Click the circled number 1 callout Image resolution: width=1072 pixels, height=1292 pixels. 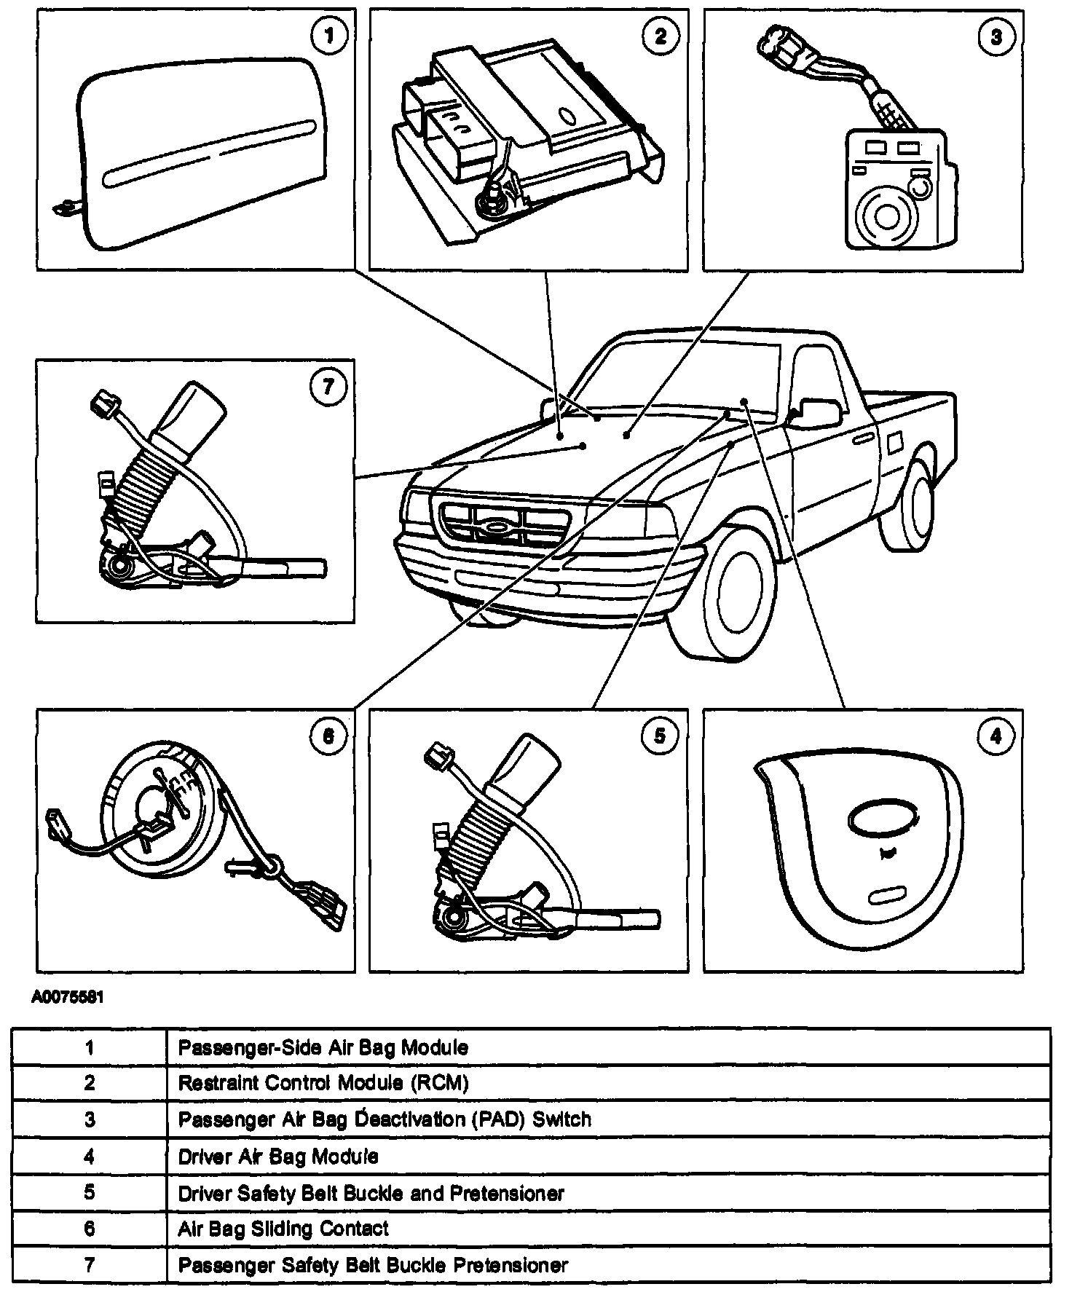329,36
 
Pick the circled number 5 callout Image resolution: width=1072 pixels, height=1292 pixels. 660,736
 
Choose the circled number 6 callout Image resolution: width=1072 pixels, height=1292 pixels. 328,736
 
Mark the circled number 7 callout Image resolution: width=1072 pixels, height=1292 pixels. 328,386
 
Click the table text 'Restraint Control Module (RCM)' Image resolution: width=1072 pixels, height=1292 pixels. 323,1083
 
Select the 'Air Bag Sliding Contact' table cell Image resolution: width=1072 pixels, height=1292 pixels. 283,1229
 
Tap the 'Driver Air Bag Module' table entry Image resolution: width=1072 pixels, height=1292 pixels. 278,1156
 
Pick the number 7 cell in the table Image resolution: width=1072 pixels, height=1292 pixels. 90,1264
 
